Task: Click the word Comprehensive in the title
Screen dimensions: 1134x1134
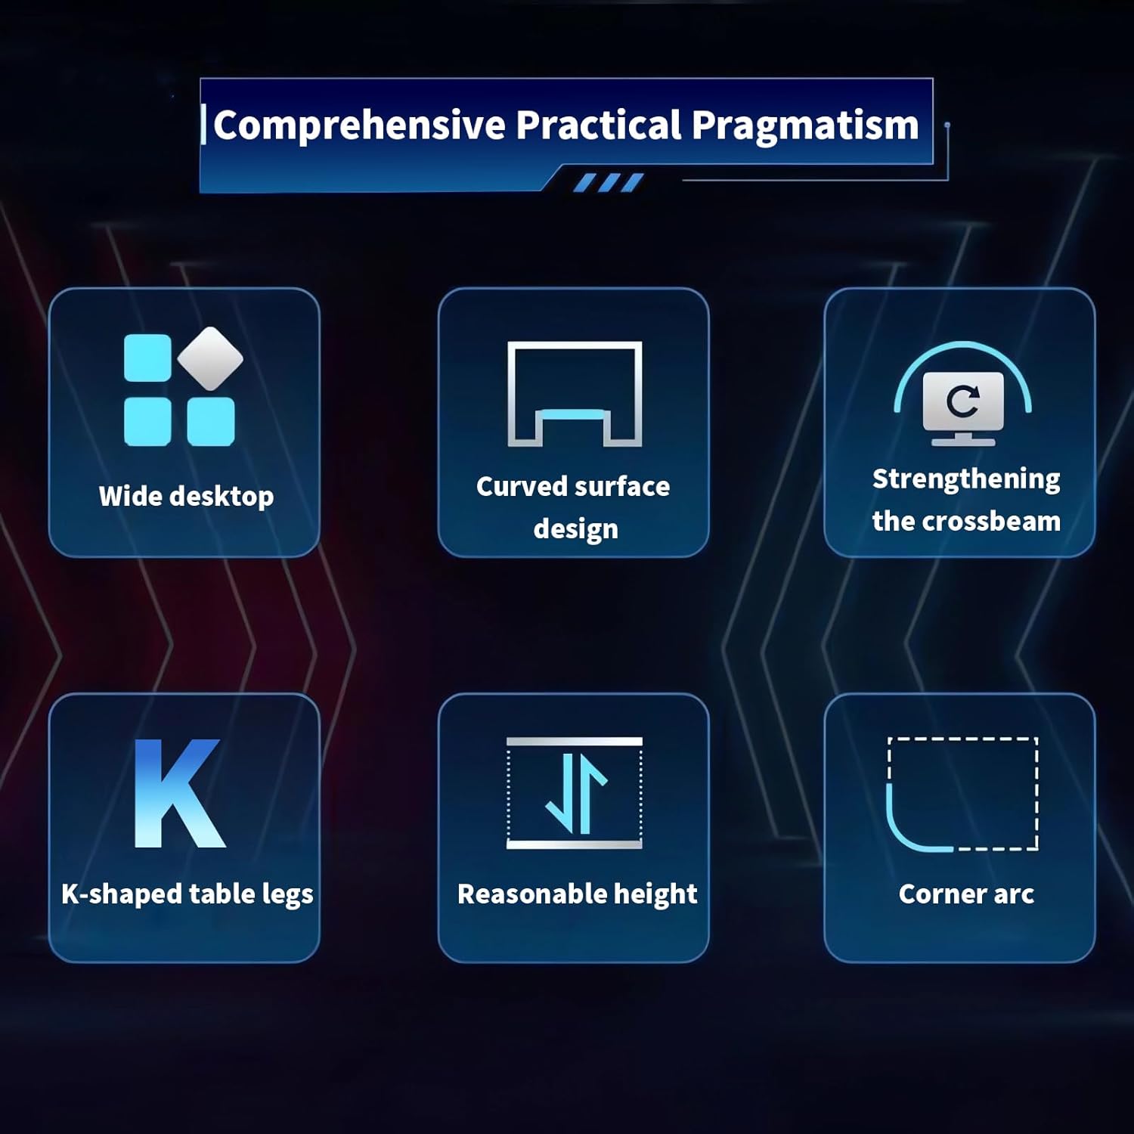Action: click(x=359, y=125)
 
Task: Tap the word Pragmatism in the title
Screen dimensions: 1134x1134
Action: click(x=805, y=125)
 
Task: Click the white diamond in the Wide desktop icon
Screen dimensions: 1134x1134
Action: click(x=210, y=358)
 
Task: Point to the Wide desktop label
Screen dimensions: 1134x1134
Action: click(x=186, y=497)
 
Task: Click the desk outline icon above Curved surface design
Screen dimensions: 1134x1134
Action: click(x=575, y=394)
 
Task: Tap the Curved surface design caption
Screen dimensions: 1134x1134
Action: click(x=574, y=507)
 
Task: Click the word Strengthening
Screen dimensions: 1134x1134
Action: click(x=966, y=479)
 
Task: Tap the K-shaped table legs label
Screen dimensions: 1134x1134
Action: click(x=187, y=894)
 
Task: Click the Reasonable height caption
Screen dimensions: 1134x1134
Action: click(x=578, y=894)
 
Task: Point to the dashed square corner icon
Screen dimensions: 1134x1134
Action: click(x=962, y=794)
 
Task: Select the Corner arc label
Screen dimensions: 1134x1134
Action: click(x=966, y=894)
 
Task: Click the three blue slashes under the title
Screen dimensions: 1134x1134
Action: click(x=609, y=183)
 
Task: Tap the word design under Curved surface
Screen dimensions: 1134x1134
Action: click(x=576, y=529)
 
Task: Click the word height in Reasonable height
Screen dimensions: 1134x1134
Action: click(x=655, y=895)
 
